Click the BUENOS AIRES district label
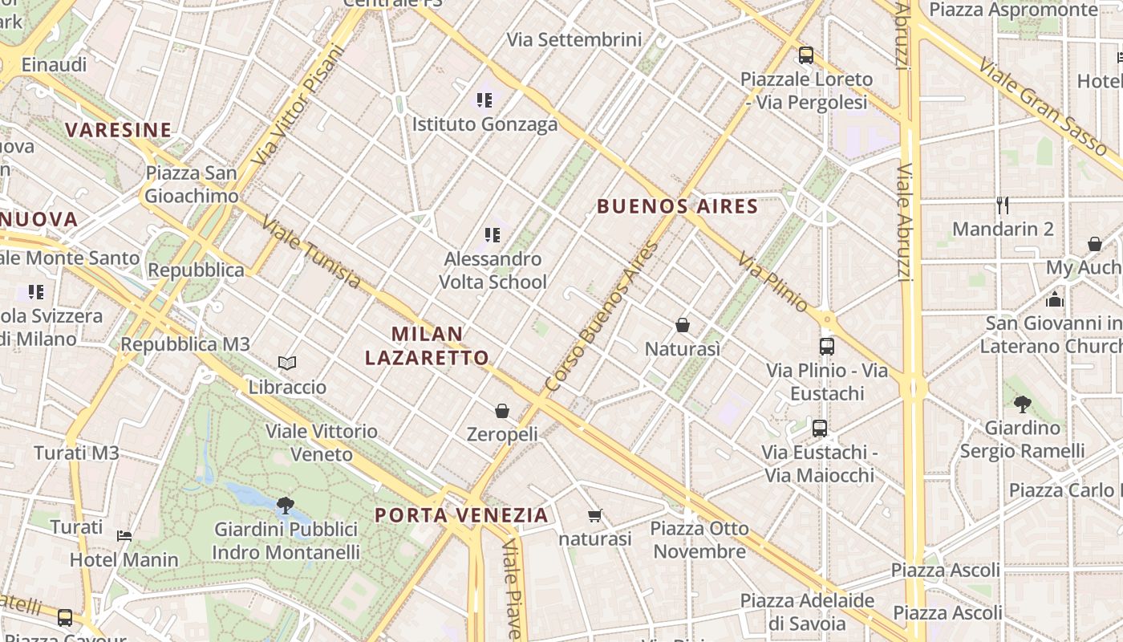tap(678, 206)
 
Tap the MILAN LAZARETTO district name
tap(427, 346)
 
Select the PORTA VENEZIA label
tap(462, 514)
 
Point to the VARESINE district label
tap(119, 130)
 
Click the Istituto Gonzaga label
tap(484, 124)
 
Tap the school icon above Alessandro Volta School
tap(493, 235)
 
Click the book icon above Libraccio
tap(287, 363)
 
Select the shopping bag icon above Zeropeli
tap(502, 411)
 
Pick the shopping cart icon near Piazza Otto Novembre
tap(594, 515)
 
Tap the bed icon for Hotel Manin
tap(124, 535)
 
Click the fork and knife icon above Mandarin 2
tap(1003, 205)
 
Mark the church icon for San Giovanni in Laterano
tap(1055, 299)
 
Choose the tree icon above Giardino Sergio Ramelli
tap(1022, 404)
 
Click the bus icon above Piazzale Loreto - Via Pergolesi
tap(806, 55)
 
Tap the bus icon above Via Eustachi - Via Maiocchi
tap(820, 428)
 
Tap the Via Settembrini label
tap(574, 39)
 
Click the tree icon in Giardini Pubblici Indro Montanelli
tap(285, 505)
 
